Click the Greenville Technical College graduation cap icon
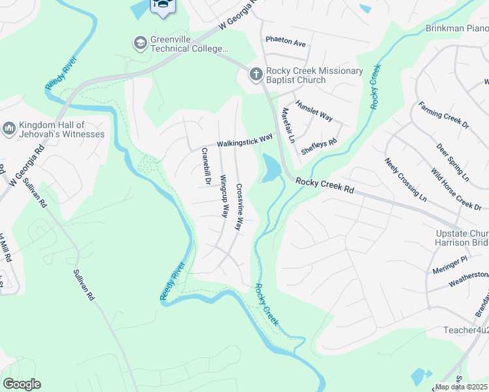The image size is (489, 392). pyautogui.click(x=139, y=44)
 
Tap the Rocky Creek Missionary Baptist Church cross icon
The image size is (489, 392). pyautogui.click(x=255, y=74)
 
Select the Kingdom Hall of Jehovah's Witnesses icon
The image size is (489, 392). pyautogui.click(x=9, y=129)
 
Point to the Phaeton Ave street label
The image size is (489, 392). pyautogui.click(x=286, y=42)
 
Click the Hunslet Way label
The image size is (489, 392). pyautogui.click(x=314, y=110)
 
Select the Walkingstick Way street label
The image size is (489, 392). pyautogui.click(x=244, y=140)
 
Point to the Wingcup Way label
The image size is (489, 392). pyautogui.click(x=224, y=196)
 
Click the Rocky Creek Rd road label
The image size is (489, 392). pyautogui.click(x=324, y=186)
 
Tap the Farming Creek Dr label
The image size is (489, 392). pyautogui.click(x=444, y=114)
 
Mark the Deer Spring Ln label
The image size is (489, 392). pyautogui.click(x=452, y=162)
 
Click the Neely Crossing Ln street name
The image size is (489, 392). pyautogui.click(x=405, y=179)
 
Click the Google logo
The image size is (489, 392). pyautogui.click(x=22, y=384)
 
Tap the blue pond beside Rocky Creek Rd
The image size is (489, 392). pyautogui.click(x=270, y=168)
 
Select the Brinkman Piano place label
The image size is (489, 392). pyautogui.click(x=456, y=28)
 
